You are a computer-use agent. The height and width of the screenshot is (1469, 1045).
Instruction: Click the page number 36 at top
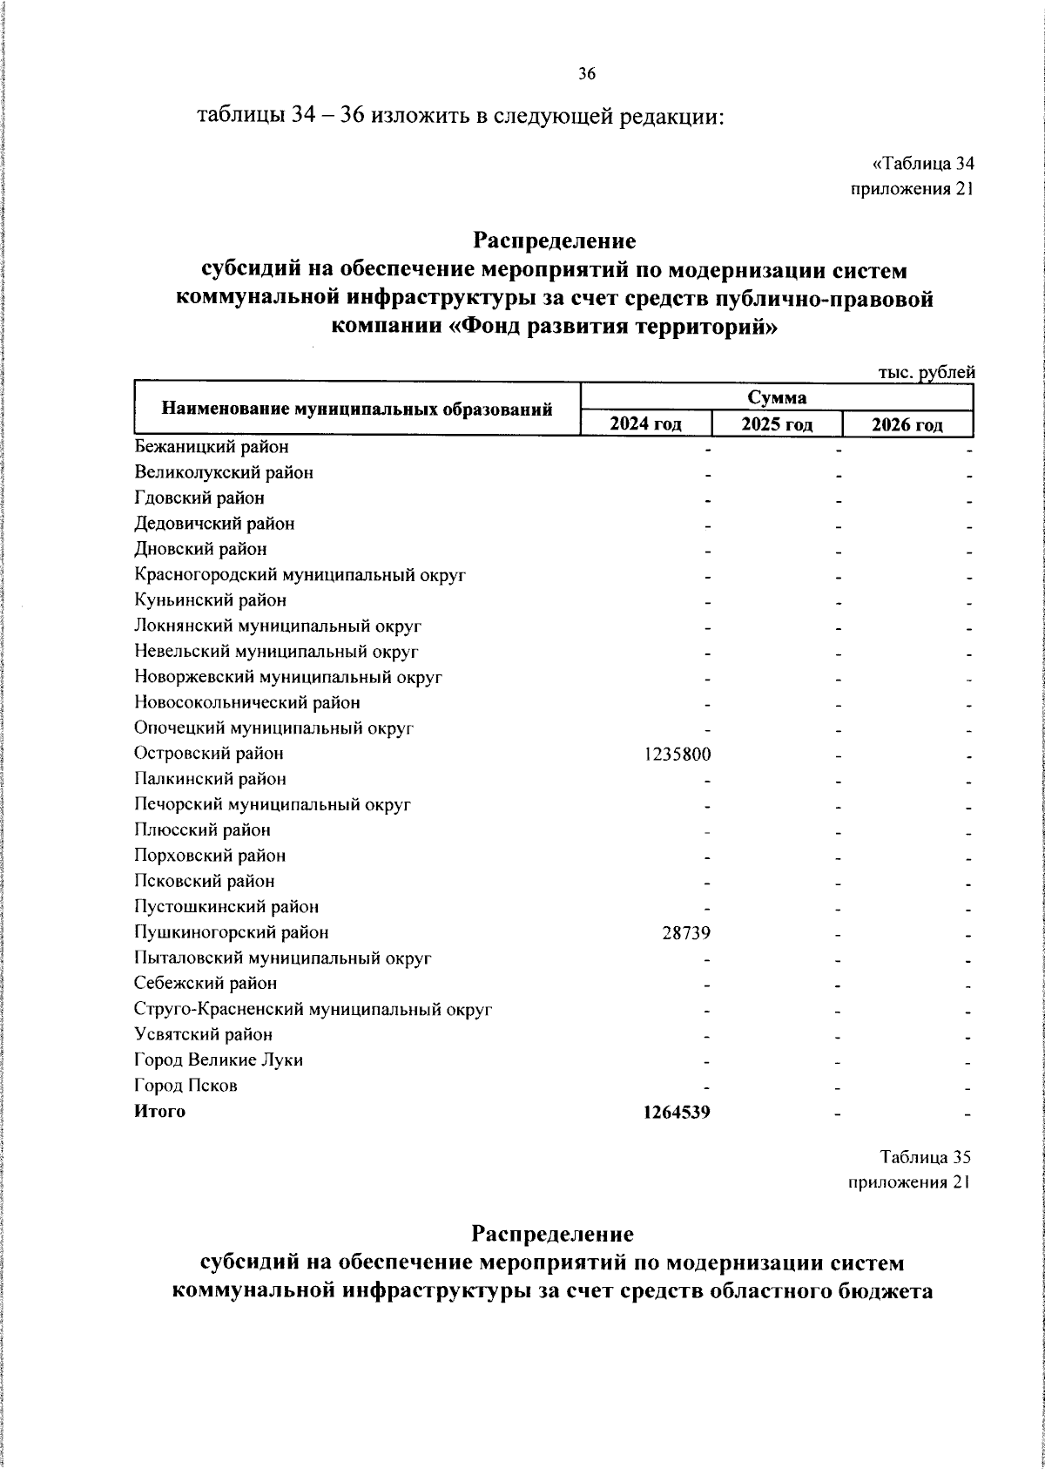click(586, 75)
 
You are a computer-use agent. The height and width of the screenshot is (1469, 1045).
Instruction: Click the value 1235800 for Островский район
click(678, 754)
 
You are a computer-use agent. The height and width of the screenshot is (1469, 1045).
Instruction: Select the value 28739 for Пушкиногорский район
click(685, 933)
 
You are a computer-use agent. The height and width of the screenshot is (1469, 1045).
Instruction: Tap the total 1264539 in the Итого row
click(677, 1112)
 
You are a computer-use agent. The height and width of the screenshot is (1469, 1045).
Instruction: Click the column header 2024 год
click(645, 424)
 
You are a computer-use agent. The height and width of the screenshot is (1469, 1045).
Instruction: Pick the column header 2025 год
click(777, 424)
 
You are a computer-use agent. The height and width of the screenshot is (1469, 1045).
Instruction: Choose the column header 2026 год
click(907, 424)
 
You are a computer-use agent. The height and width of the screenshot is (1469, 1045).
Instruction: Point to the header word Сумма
click(777, 398)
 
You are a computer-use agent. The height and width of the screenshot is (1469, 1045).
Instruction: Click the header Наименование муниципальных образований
click(358, 409)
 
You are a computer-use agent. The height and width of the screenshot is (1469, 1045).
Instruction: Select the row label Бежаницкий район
click(212, 447)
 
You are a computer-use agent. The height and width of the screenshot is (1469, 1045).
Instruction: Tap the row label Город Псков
click(185, 1086)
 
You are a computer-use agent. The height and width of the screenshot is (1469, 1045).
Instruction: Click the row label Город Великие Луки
click(219, 1060)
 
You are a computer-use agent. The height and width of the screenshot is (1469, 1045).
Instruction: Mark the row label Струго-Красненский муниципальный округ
click(313, 1010)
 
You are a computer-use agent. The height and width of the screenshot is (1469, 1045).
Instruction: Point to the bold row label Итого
click(159, 1111)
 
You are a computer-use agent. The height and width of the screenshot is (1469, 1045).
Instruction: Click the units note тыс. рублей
click(926, 372)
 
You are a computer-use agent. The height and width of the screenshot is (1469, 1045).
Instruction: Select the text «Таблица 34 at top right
click(922, 163)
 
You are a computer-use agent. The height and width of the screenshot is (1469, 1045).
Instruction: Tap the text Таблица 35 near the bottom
click(925, 1157)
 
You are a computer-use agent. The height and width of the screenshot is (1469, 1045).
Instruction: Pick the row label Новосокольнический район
click(247, 702)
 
